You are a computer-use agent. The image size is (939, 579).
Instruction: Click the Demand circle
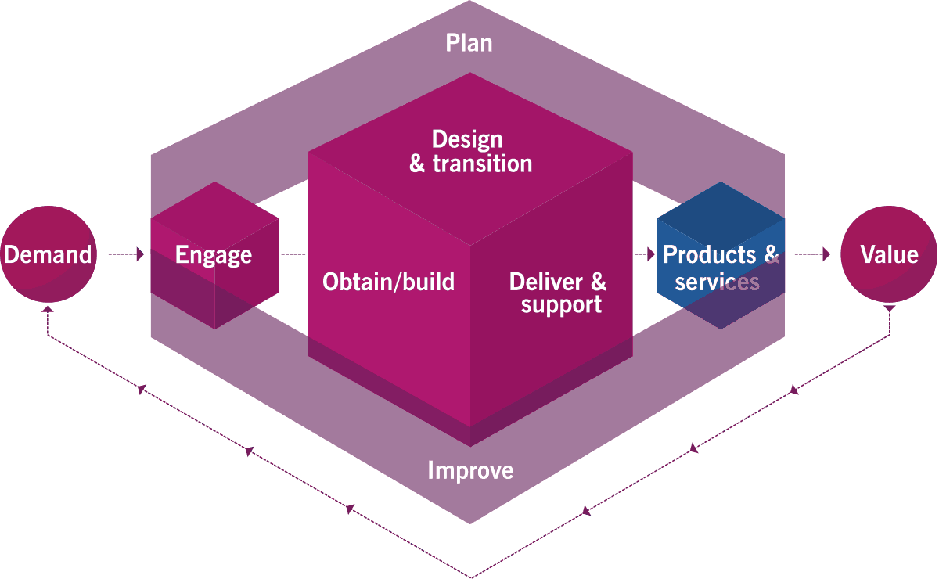coord(47,254)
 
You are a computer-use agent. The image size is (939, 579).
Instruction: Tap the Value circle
coord(889,254)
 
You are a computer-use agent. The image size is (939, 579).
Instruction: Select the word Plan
coord(469,42)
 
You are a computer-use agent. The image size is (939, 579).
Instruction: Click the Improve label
coord(470,470)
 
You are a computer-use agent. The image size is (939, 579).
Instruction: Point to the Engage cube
coord(214,255)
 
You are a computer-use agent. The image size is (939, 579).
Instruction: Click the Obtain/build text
coord(388,282)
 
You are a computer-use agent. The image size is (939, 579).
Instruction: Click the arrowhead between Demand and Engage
coord(140,254)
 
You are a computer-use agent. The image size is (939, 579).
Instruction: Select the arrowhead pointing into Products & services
coord(650,254)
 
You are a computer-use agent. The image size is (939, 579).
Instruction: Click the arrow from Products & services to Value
coord(814,254)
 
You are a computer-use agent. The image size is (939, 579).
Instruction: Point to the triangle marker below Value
coord(890,308)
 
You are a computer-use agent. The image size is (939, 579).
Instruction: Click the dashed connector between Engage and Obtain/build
coord(293,254)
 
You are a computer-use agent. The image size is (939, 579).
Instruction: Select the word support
coord(562,304)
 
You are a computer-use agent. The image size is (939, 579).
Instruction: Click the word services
coord(717,282)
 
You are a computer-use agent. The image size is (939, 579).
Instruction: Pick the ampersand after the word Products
coord(771,255)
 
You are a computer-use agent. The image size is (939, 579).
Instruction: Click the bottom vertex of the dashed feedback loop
coord(469,577)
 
